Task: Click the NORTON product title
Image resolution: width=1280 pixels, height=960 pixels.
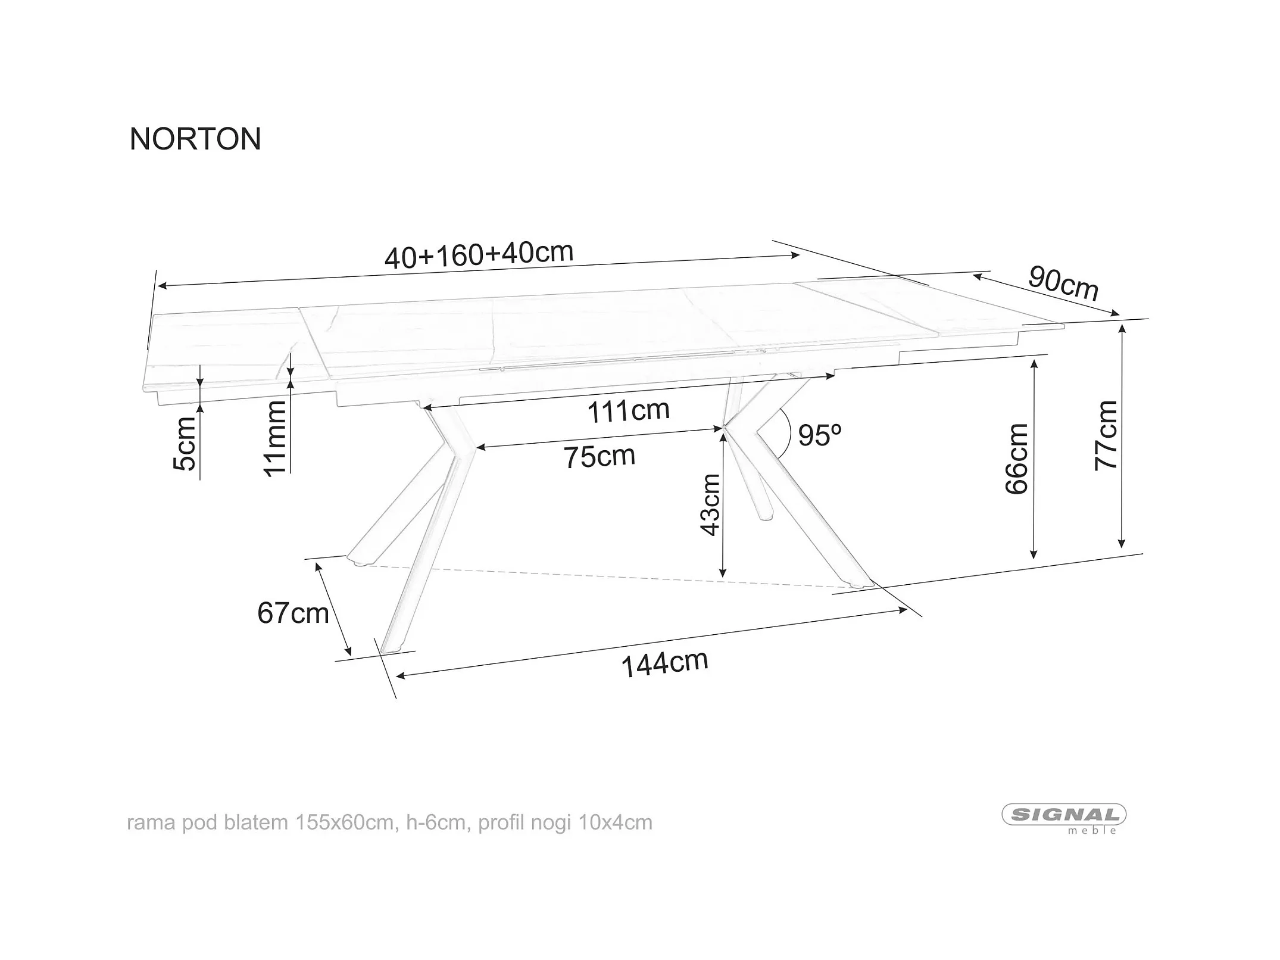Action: (x=195, y=139)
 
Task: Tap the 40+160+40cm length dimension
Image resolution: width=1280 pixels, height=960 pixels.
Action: (x=479, y=255)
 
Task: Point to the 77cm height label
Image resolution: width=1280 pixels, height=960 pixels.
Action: (x=1106, y=435)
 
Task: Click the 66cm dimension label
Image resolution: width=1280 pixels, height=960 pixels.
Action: (x=1017, y=459)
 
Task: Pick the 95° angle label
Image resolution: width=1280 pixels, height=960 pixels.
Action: (x=819, y=435)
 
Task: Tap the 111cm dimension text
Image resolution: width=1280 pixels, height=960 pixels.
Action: (x=628, y=410)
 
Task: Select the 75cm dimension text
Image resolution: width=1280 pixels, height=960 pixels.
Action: (x=600, y=457)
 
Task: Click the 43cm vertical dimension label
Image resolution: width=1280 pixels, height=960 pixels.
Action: (x=710, y=505)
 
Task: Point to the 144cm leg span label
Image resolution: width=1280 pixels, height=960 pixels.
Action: (x=664, y=663)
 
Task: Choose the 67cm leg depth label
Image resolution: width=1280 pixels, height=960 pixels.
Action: (x=293, y=613)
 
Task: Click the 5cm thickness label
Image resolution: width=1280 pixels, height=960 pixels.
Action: (x=185, y=444)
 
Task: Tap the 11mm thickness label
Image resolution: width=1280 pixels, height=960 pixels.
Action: (x=275, y=438)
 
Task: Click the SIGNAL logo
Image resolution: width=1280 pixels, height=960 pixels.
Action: (x=1064, y=814)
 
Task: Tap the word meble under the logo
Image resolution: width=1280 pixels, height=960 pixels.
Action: (x=1092, y=831)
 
